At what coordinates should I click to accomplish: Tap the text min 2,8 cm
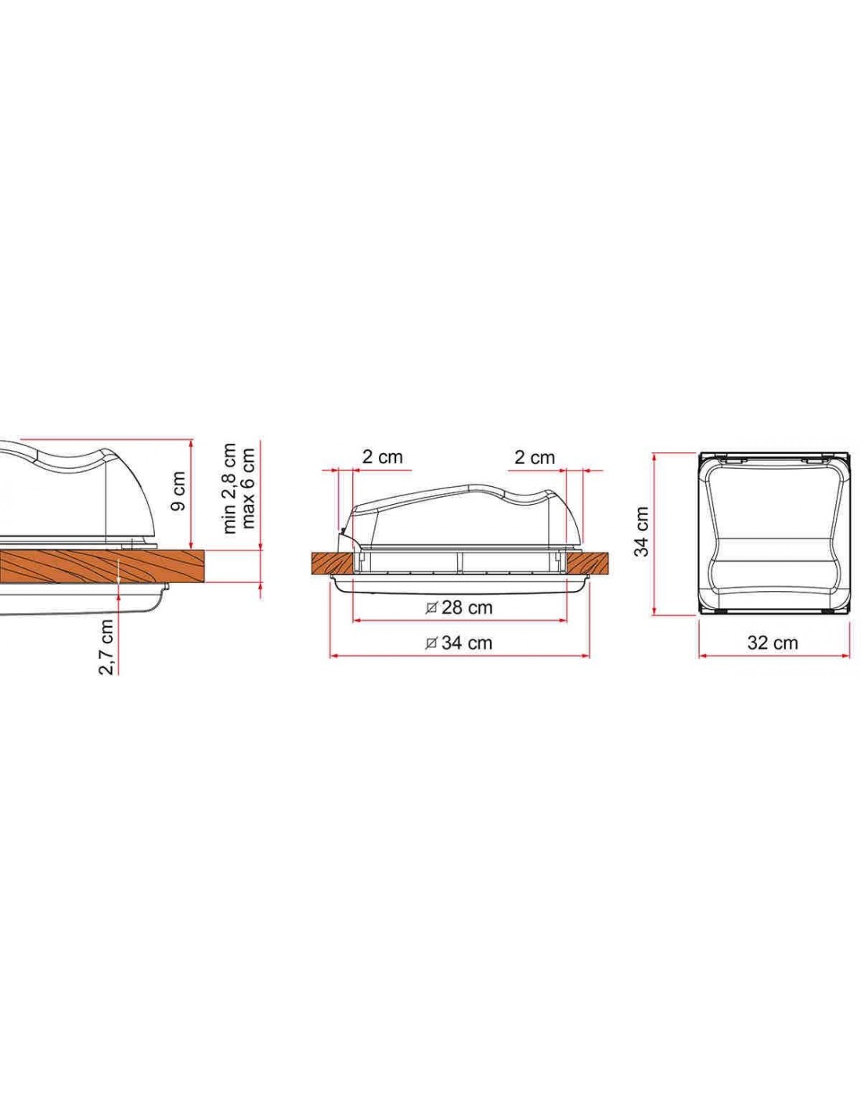[x=229, y=488]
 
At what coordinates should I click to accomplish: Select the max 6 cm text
[x=248, y=488]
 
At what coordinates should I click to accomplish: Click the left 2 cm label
[x=382, y=456]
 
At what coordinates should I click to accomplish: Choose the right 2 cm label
[x=535, y=457]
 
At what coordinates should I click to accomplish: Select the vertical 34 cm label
[x=641, y=531]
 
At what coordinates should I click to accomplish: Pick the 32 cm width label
[x=773, y=643]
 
